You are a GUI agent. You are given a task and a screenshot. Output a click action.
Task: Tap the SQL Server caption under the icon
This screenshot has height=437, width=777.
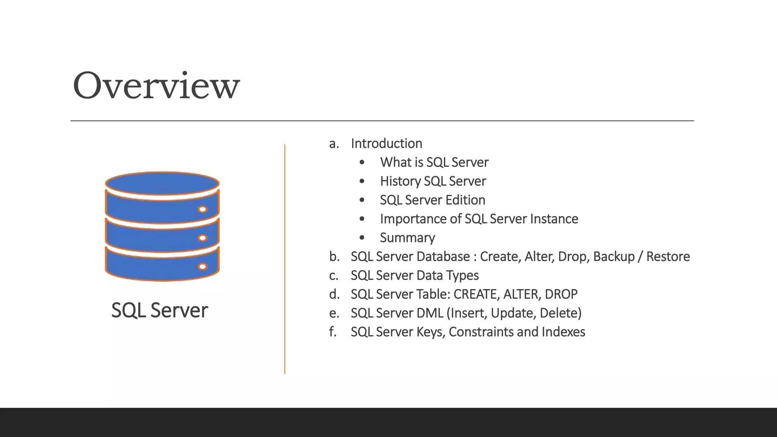159,310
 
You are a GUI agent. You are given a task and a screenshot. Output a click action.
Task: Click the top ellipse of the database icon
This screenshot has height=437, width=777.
162,183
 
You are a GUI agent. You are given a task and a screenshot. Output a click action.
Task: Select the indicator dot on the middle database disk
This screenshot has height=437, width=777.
203,238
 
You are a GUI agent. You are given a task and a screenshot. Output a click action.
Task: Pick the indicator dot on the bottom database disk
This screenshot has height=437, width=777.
203,266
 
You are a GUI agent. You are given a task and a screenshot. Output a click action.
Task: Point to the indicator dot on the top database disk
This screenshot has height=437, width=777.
203,209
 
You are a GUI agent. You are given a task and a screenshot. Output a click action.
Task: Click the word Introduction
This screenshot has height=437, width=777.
386,143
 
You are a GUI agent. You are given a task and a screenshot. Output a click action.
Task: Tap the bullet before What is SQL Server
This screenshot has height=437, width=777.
362,162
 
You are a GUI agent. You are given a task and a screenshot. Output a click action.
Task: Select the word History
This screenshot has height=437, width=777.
400,181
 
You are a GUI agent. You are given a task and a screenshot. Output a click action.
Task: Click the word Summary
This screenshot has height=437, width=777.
407,238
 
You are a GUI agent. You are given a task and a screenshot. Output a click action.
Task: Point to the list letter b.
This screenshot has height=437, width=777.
334,257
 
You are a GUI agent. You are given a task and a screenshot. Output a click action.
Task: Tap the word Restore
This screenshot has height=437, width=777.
668,257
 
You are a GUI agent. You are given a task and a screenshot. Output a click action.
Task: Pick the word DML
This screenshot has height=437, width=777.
430,313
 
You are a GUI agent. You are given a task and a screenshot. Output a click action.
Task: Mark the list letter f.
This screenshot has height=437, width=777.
333,332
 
